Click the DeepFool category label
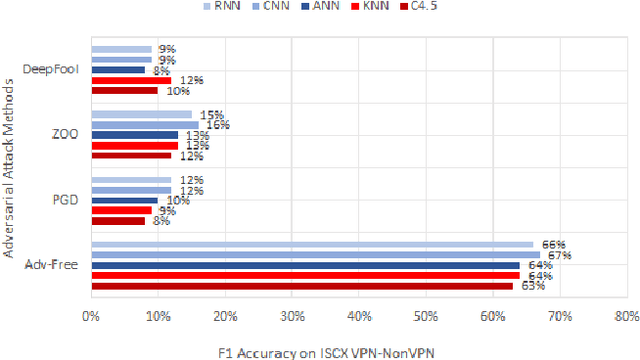(55, 69)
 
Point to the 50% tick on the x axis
(426, 318)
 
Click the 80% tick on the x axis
(626, 318)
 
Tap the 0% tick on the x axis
(91, 318)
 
